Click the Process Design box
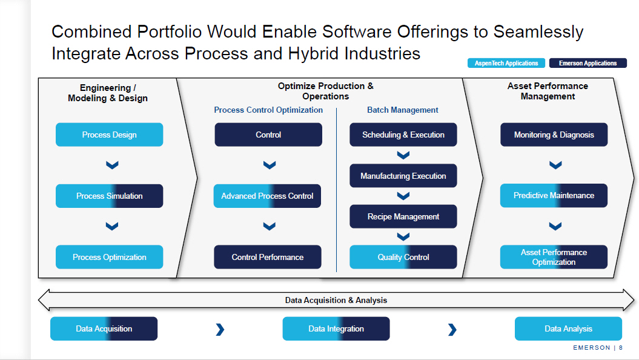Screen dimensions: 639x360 (x=109, y=135)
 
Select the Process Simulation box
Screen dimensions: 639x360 (x=109, y=196)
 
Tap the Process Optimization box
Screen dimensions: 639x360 (x=109, y=257)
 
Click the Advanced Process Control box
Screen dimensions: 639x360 (x=267, y=196)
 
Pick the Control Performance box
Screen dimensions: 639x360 (x=267, y=257)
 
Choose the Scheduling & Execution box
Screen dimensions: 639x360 (x=403, y=135)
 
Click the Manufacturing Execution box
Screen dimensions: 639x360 (x=403, y=176)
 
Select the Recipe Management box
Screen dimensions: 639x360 (x=403, y=216)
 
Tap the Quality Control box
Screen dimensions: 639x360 (x=403, y=257)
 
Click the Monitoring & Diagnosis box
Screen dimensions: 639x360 (x=554, y=135)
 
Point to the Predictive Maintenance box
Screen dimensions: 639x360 (x=554, y=195)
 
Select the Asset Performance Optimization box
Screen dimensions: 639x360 (x=554, y=257)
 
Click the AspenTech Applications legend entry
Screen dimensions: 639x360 (x=506, y=63)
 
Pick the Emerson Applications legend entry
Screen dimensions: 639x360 (x=588, y=63)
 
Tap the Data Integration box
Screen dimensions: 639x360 (x=336, y=328)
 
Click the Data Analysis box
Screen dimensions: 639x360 (x=569, y=328)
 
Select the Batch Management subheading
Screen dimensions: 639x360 (x=403, y=110)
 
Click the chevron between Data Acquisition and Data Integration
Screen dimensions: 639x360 (x=220, y=330)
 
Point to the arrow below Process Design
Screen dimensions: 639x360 (x=112, y=165)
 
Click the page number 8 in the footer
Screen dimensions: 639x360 (x=621, y=348)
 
